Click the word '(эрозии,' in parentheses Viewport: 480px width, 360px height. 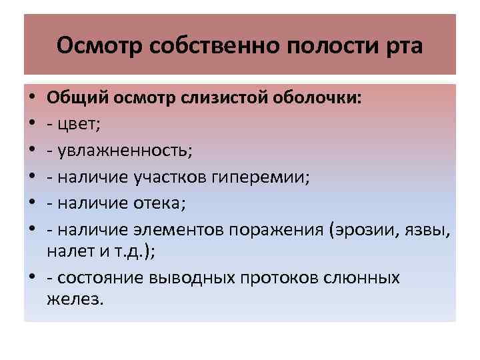click(x=361, y=227)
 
